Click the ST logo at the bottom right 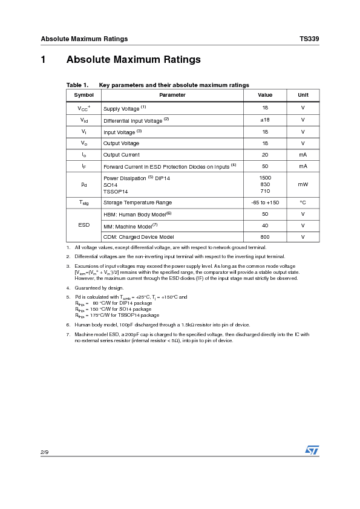312,450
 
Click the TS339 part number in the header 309,39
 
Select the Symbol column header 84,95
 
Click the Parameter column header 172,95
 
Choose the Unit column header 303,95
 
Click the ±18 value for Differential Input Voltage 265,120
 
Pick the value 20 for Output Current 265,155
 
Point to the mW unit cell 303,184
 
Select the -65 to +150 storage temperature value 265,203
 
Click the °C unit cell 303,203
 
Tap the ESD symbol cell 84,225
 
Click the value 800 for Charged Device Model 265,237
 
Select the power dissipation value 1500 265,178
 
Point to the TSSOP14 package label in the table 116,191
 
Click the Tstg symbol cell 84,203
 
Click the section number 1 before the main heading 44,60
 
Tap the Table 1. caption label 77,85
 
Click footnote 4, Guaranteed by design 99,288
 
